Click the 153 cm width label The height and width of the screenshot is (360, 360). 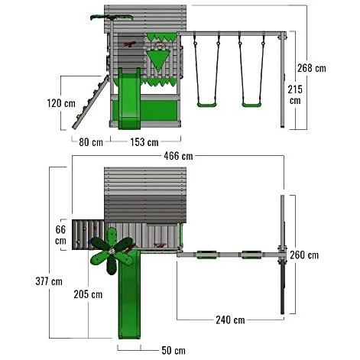[144, 141]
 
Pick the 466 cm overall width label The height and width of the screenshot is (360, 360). [177, 156]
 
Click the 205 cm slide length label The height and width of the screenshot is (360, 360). [87, 294]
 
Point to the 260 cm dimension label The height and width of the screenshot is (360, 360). [304, 255]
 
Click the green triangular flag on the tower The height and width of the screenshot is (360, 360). [159, 59]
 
